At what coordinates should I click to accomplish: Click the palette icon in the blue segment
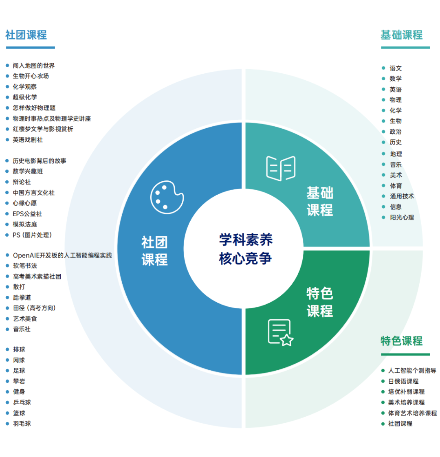point(167,197)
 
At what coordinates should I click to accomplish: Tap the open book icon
point(281,169)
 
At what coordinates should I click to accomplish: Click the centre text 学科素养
point(246,239)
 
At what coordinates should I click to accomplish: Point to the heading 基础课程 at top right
point(402,35)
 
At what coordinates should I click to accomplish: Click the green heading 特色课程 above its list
point(402,341)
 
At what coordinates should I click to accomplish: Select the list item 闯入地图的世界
point(33,66)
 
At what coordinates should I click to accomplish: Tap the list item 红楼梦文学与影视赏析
point(43,129)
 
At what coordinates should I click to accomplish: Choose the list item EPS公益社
point(27,214)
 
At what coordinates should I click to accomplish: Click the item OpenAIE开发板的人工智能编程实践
point(62,255)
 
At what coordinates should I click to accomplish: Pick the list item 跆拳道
point(22,298)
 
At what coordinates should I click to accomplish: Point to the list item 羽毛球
point(22,424)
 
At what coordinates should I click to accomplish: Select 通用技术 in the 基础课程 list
point(402,196)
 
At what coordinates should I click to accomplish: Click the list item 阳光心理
point(402,218)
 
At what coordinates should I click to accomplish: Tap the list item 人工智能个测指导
point(412,370)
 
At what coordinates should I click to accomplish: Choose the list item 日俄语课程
point(403,381)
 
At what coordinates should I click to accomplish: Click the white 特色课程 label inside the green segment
point(319,302)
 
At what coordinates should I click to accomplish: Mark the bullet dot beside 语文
point(383,68)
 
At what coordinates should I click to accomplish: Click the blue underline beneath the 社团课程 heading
point(30,48)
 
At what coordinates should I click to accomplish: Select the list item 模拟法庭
point(25,224)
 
